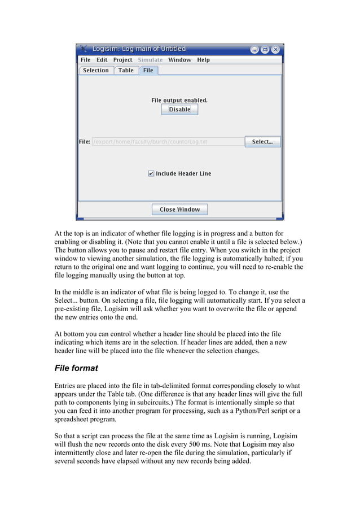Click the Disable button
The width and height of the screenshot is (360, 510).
(179, 110)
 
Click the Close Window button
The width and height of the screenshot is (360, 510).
(179, 210)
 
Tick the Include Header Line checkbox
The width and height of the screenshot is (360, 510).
(151, 174)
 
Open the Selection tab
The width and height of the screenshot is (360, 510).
(95, 71)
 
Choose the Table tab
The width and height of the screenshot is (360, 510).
(126, 71)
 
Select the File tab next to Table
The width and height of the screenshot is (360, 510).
(148, 71)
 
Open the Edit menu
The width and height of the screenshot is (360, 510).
(102, 60)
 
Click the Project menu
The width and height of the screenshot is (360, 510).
(122, 60)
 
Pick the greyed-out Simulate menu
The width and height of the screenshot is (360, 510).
(150, 60)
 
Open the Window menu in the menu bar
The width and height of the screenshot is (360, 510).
(179, 60)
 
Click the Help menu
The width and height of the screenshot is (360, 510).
(203, 60)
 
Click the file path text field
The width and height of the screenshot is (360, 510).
(168, 142)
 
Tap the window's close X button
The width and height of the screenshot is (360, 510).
(275, 49)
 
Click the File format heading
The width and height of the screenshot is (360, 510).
(76, 368)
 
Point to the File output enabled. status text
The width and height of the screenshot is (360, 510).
(179, 101)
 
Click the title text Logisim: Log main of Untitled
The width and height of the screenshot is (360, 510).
(139, 49)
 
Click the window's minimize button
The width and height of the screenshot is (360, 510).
(255, 49)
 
